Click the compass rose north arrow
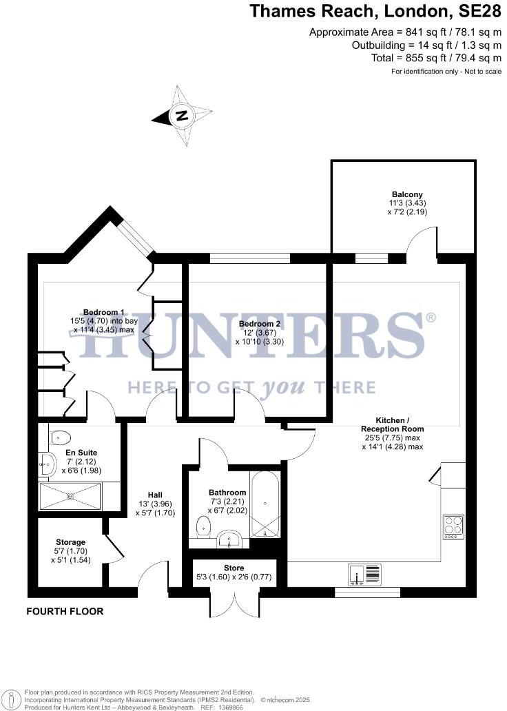pos(182,116)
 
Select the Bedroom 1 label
pos(104,320)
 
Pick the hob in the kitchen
pos(453,527)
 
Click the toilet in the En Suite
pos(60,436)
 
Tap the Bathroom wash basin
pos(227,539)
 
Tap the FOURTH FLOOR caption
pos(65,611)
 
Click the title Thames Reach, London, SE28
pos(375,11)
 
